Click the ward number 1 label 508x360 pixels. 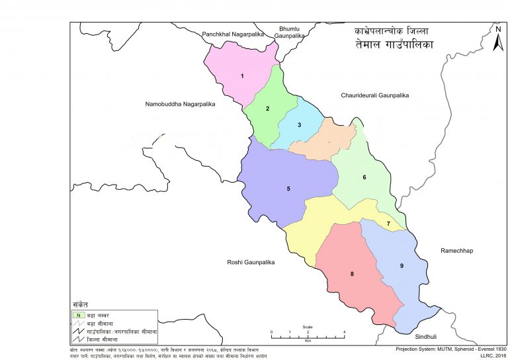tap(242, 76)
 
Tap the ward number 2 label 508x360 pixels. tap(267, 109)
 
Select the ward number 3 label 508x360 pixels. tap(299, 125)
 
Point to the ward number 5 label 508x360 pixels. tap(288, 189)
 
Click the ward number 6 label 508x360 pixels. tap(364, 177)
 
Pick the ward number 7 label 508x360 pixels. tap(388, 224)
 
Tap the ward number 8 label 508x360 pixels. tap(352, 274)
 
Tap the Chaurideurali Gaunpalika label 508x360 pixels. tap(375, 96)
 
